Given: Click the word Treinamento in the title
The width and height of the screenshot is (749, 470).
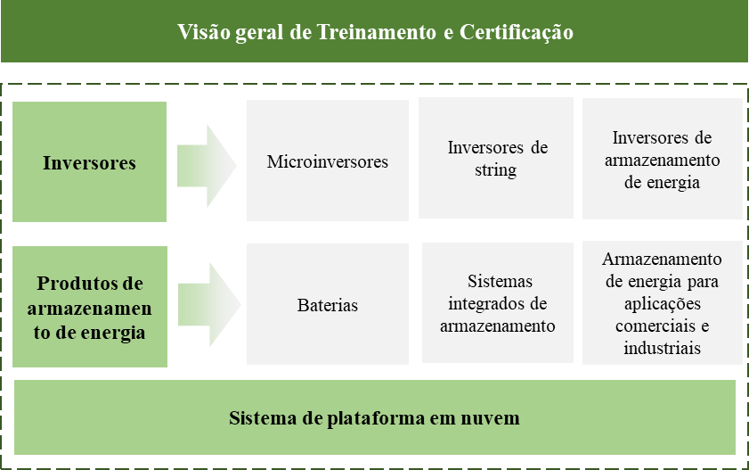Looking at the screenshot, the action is [377, 32].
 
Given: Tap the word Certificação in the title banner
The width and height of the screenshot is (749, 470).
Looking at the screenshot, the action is [516, 32].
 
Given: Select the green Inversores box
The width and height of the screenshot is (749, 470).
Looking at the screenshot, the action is [89, 161].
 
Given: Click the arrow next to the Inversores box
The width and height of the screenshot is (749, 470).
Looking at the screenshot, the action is [207, 166].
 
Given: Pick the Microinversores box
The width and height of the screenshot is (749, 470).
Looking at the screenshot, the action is [328, 161].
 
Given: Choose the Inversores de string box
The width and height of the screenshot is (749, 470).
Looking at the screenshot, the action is [496, 158].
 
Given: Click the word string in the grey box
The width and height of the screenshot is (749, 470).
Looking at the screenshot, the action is [496, 170].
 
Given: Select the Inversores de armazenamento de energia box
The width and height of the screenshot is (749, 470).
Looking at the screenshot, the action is [662, 158].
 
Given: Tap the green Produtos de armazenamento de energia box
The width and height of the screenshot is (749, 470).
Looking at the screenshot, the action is [90, 307].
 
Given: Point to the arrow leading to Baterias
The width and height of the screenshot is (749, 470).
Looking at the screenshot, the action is [208, 305].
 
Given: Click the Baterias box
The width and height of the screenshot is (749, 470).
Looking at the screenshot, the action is [328, 304].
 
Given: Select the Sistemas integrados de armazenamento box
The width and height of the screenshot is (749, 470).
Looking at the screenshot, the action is [498, 302].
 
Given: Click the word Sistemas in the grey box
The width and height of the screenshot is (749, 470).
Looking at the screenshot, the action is [500, 281].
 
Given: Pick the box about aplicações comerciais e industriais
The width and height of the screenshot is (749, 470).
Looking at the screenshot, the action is [662, 302].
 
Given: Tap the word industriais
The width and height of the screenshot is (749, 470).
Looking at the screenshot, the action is [662, 348].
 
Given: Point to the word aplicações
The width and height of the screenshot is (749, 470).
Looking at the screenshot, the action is [662, 304].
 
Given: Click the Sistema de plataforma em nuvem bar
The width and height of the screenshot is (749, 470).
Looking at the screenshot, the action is [374, 417].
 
